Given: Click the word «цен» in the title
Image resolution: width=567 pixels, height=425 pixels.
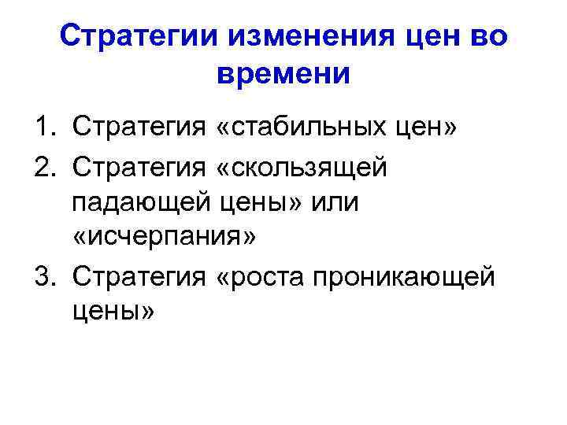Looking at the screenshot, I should coord(426,36).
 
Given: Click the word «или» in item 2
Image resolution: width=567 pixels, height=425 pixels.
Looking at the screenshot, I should coord(334,203).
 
